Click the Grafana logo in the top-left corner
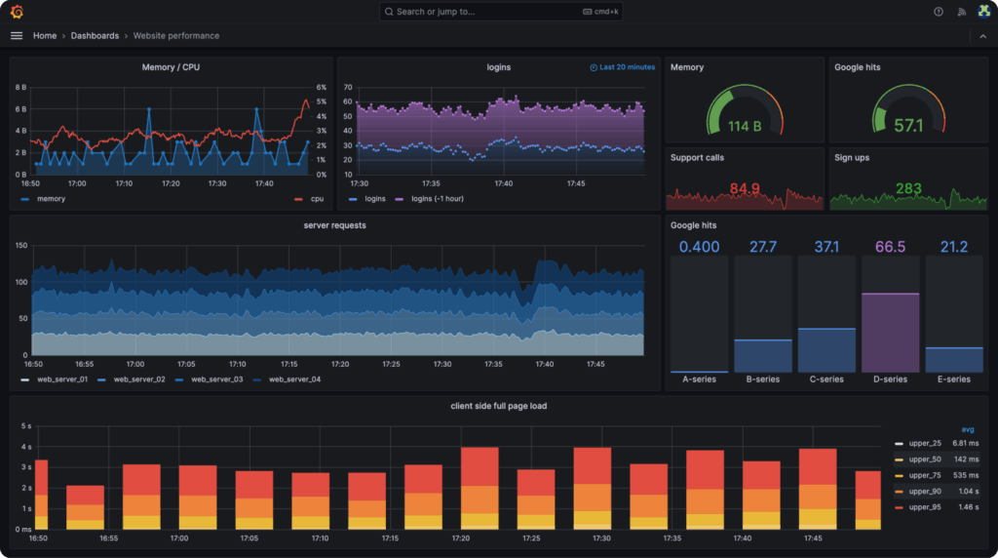[x=17, y=12]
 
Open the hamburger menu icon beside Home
[x=16, y=36]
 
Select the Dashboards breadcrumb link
[x=95, y=36]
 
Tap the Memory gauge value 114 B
[x=745, y=126]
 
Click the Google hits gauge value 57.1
[x=908, y=126]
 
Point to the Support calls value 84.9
[x=745, y=188]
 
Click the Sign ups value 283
[x=908, y=188]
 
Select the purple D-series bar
[x=890, y=332]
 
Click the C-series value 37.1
[x=826, y=247]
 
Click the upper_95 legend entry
[x=921, y=508]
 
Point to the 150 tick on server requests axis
[x=20, y=245]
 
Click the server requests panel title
[x=334, y=225]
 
